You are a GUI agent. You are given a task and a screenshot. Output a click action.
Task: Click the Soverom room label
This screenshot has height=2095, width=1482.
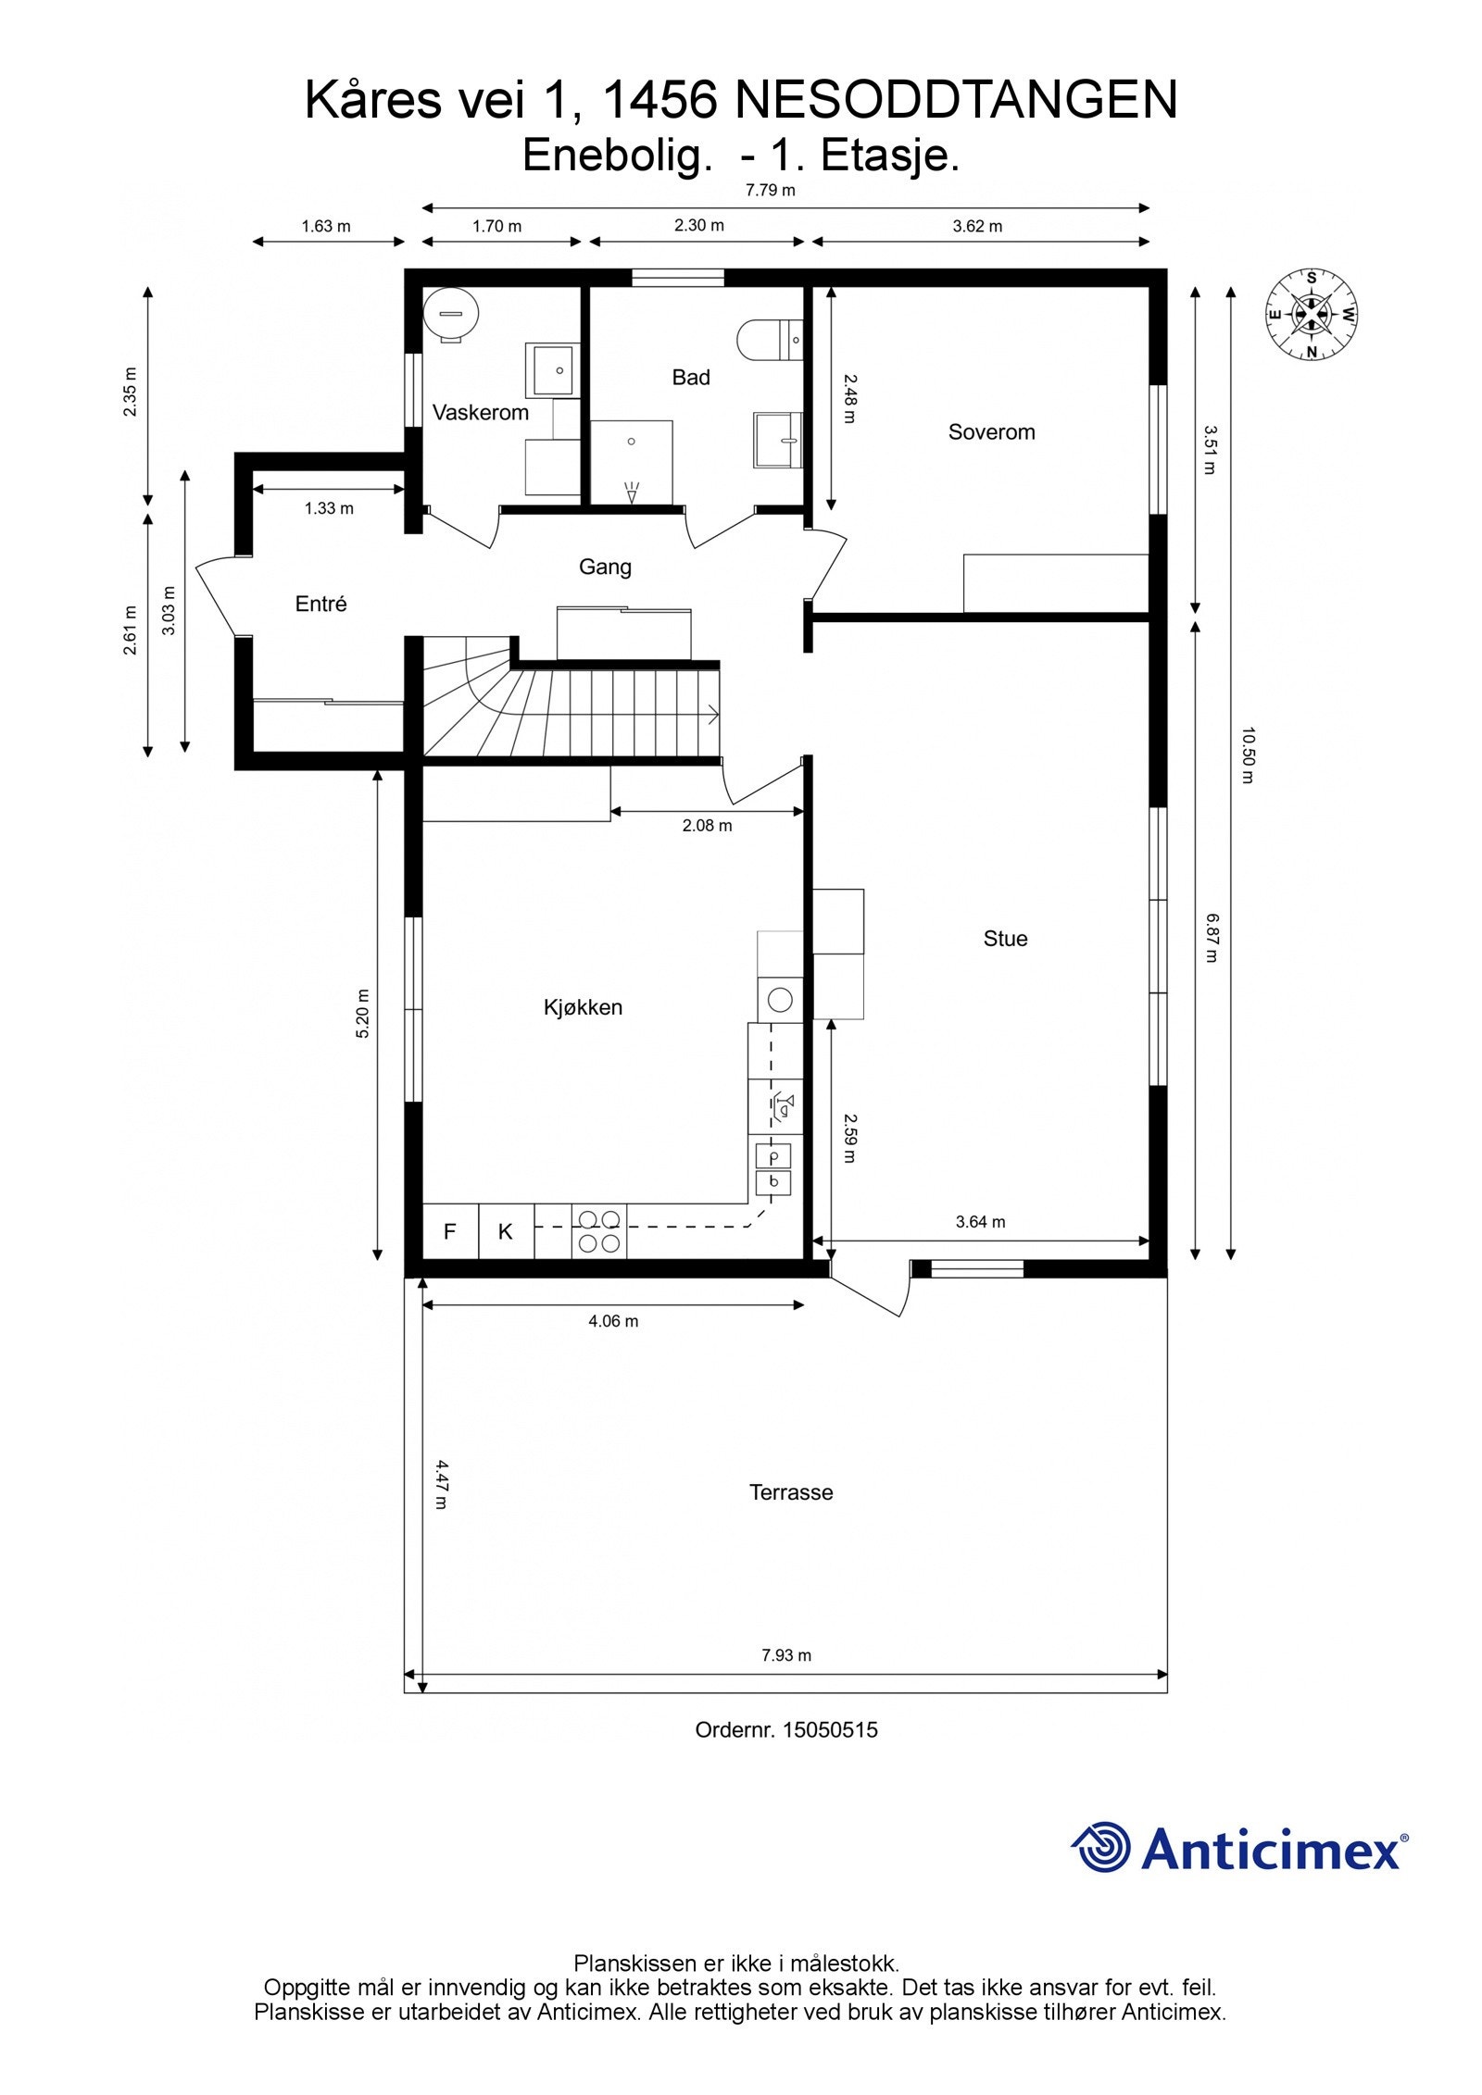991,432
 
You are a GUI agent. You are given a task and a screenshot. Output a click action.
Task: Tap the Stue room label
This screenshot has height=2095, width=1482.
1005,939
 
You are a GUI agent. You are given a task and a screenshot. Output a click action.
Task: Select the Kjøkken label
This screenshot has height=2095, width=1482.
583,1007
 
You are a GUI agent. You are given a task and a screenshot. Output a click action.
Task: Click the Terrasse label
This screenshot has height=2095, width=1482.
791,1492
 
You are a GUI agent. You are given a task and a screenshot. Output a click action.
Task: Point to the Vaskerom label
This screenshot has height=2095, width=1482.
480,413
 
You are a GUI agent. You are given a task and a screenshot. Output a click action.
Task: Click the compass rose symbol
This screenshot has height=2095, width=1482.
1312,315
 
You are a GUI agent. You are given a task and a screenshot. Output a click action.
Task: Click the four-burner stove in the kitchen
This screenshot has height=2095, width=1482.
599,1231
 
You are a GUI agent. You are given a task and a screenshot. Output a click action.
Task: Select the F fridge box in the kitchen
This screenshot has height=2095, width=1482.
450,1231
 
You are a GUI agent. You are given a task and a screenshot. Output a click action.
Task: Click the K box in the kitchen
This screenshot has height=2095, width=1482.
506,1231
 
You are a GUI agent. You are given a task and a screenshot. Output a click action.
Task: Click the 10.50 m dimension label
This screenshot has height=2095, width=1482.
1248,755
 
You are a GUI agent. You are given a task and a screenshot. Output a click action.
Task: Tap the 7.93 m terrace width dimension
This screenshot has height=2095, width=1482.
786,1655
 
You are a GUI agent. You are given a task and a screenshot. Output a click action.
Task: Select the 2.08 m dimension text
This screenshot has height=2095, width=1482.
707,826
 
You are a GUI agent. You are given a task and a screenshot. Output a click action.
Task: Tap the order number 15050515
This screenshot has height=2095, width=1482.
830,1729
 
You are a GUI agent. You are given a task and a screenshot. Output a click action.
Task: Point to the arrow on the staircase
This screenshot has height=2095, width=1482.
711,714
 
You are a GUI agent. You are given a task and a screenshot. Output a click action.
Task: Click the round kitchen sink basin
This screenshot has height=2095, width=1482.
780,1000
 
